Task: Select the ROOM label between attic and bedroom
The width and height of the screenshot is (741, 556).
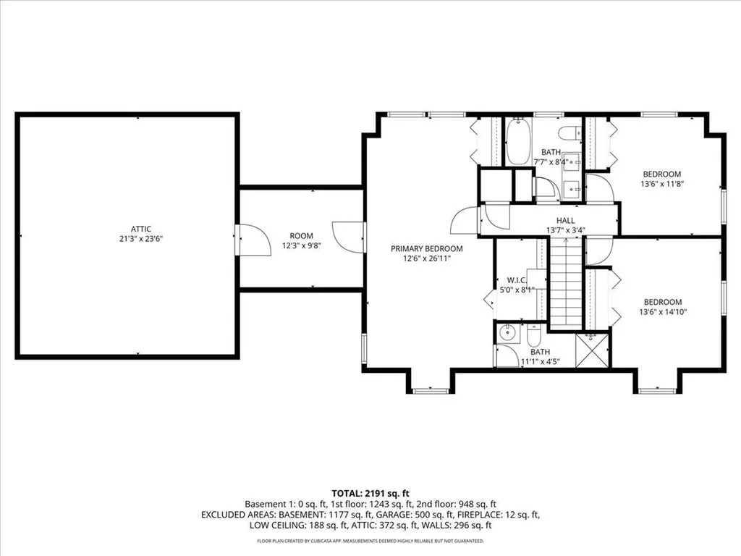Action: coord(301,235)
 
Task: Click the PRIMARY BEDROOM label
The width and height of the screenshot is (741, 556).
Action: coord(427,248)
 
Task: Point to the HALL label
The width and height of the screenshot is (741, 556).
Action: coord(565,221)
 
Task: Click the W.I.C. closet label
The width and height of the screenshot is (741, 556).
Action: coord(516,280)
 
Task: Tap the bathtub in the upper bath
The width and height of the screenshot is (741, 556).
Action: coord(517,142)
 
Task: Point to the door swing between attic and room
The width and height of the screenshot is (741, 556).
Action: coord(246,240)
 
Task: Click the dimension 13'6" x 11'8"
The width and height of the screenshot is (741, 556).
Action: coord(662,185)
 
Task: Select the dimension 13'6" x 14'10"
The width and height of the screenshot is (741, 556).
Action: coord(662,312)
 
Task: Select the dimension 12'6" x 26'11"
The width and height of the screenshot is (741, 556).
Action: coord(427,258)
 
